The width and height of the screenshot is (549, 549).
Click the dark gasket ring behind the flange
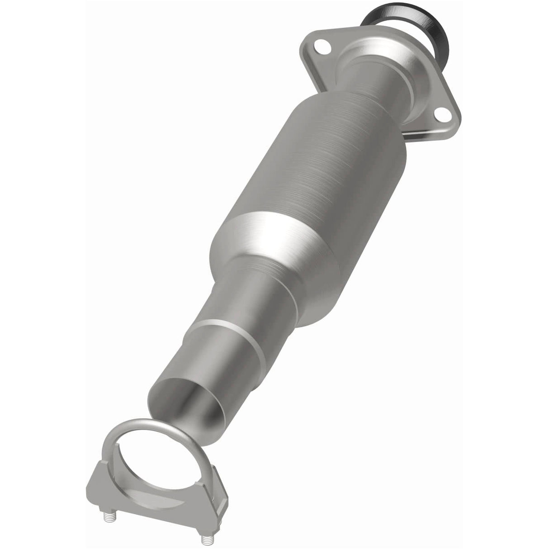pyautogui.click(x=441, y=32)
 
